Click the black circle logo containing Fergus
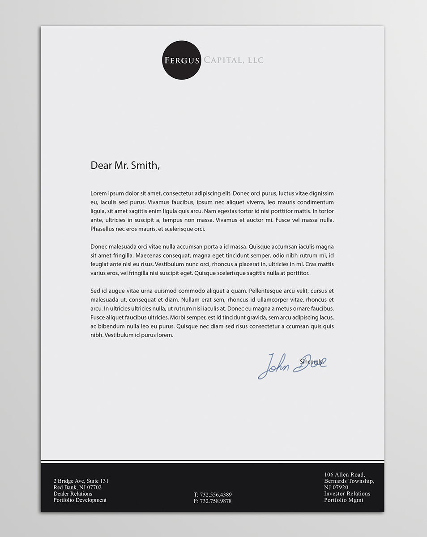pyautogui.click(x=181, y=60)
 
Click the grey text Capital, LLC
pyautogui.click(x=234, y=60)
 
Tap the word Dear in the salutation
pyautogui.click(x=101, y=165)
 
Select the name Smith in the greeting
pyautogui.click(x=145, y=165)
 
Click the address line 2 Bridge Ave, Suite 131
pyautogui.click(x=81, y=481)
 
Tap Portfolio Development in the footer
pyautogui.click(x=80, y=500)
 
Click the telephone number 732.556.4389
pyautogui.click(x=216, y=494)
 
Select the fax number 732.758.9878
pyautogui.click(x=216, y=501)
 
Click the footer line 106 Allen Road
pyautogui.click(x=345, y=474)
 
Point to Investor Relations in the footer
pyautogui.click(x=347, y=494)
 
